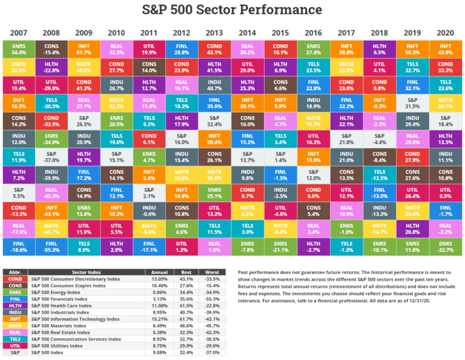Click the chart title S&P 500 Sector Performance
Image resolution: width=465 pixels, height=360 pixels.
click(x=232, y=10)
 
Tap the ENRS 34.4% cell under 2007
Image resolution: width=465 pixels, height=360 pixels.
click(x=19, y=49)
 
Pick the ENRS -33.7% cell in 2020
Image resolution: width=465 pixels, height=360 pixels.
click(x=444, y=246)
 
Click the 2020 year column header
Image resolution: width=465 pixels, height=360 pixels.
click(x=444, y=33)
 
